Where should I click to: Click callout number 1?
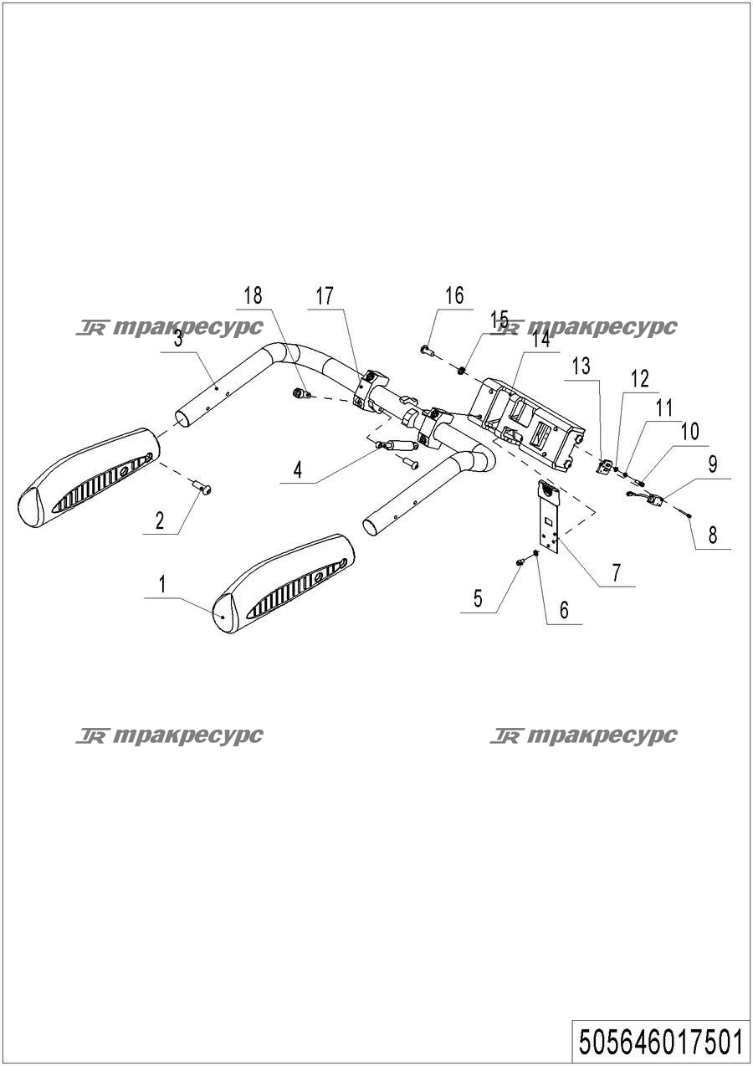(x=162, y=585)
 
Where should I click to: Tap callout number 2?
(x=160, y=520)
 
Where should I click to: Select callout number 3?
(x=178, y=341)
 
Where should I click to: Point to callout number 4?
(x=298, y=470)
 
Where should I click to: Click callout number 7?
(x=617, y=572)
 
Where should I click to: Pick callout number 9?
(x=712, y=465)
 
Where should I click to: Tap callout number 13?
(x=581, y=366)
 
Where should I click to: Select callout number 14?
(x=541, y=340)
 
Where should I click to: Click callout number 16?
(x=455, y=296)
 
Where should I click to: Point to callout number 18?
(x=253, y=296)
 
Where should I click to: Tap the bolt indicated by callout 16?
(x=428, y=351)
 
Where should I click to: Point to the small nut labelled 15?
(x=461, y=369)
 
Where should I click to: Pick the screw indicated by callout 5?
(x=520, y=562)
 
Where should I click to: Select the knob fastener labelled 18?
(x=300, y=392)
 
